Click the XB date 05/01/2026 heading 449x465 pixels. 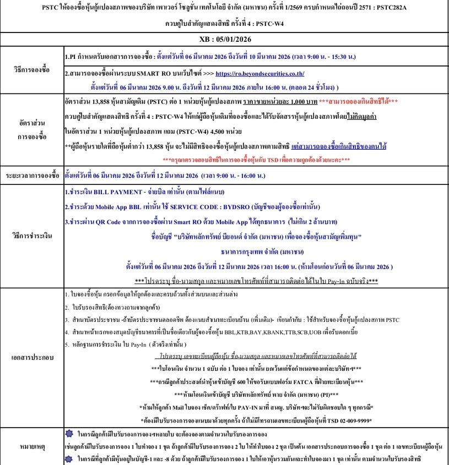coord(224,40)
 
